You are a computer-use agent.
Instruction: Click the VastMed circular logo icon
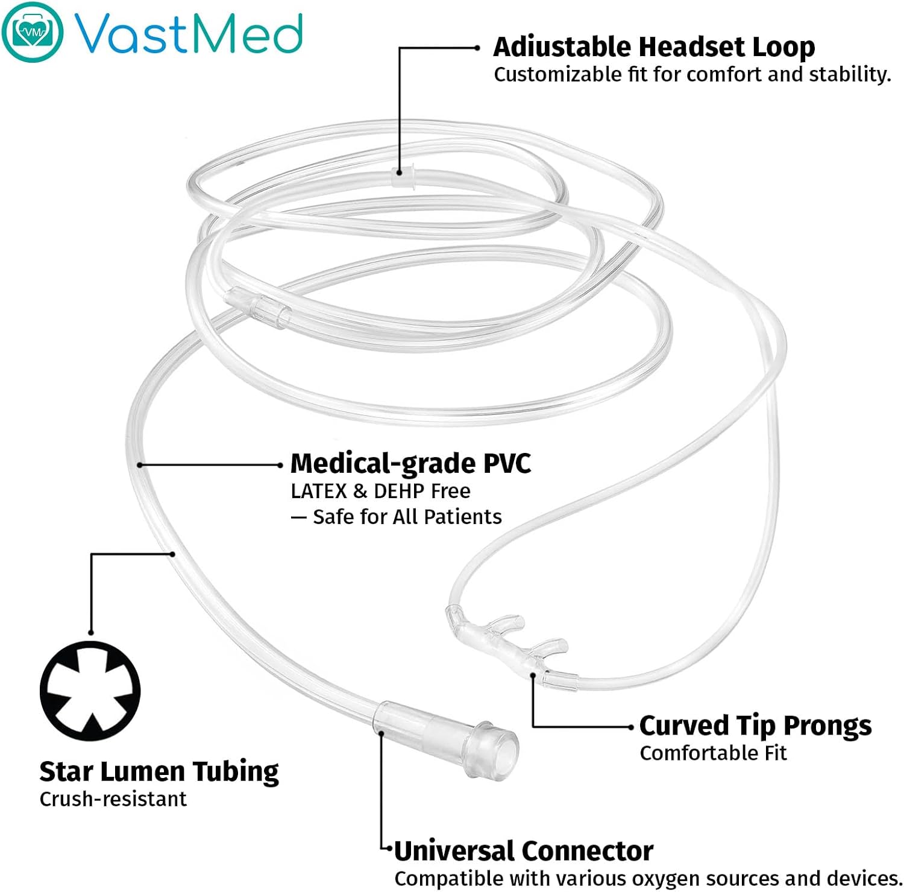point(32,31)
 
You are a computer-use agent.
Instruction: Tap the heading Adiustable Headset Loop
point(653,47)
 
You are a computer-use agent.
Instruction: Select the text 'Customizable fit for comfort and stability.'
point(692,75)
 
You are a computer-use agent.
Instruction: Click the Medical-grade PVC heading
point(410,464)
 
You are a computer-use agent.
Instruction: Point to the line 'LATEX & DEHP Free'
point(380,491)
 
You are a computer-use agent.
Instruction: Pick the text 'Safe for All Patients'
point(407,517)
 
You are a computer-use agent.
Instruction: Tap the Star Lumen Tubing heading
point(159,771)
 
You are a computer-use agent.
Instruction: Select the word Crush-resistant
point(113,799)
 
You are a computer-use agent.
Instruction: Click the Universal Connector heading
point(523,851)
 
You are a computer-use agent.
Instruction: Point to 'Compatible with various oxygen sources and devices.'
point(648,878)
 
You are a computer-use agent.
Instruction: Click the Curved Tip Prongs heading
point(755,726)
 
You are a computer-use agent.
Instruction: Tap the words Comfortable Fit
point(713,753)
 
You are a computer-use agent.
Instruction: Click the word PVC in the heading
point(507,464)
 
